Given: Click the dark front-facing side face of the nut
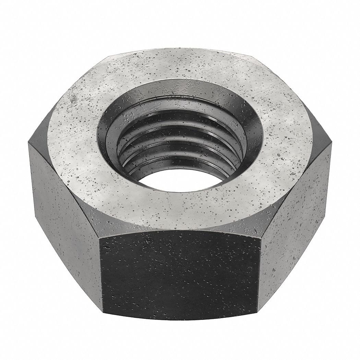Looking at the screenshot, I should click(180, 274).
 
